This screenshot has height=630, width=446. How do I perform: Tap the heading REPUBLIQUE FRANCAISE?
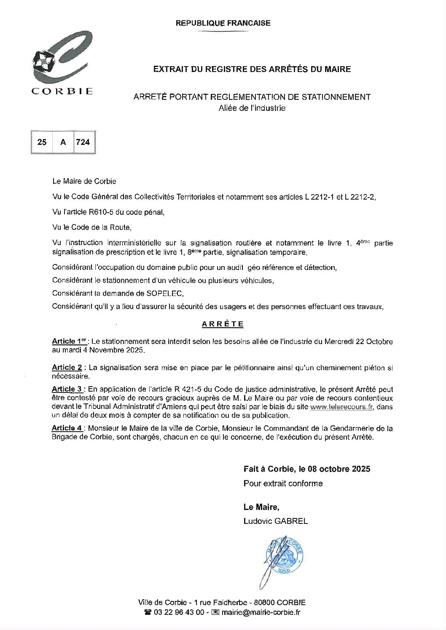223,23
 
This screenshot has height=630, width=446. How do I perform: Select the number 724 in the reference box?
83,142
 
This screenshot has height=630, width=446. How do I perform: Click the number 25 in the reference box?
42,142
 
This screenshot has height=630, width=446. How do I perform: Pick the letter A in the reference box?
63,142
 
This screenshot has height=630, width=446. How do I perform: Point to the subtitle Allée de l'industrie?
252,108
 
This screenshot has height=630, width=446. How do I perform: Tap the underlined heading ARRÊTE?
223,324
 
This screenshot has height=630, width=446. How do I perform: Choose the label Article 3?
68,390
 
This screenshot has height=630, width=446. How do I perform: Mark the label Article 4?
67,428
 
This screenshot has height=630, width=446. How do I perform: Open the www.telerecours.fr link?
342,407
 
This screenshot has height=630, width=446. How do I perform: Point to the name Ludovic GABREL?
276,521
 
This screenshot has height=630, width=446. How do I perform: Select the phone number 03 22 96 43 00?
180,613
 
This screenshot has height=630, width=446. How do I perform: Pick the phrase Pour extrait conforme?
283,483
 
